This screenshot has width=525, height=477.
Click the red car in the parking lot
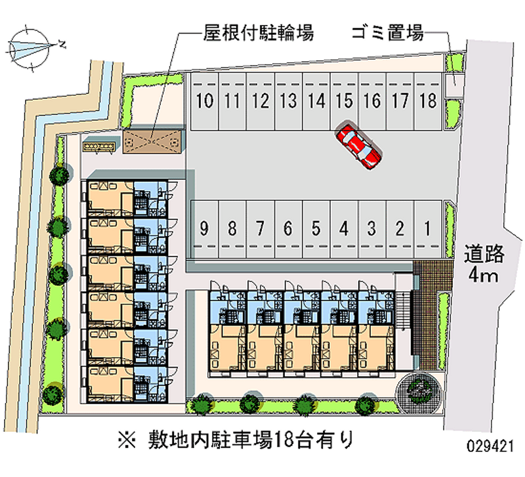tap(358, 144)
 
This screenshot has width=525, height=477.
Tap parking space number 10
tap(205, 101)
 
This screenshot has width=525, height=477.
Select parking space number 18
tap(428, 101)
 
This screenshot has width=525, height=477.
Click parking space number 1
tap(427, 229)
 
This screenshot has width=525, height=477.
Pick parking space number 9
tap(205, 229)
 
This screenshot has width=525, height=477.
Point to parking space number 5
tap(316, 229)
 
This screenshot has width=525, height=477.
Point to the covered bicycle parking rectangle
tap(153, 140)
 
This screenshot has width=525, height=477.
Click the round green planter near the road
tap(418, 391)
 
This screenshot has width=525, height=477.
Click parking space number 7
tap(260, 229)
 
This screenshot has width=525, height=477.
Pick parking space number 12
tap(261, 101)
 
